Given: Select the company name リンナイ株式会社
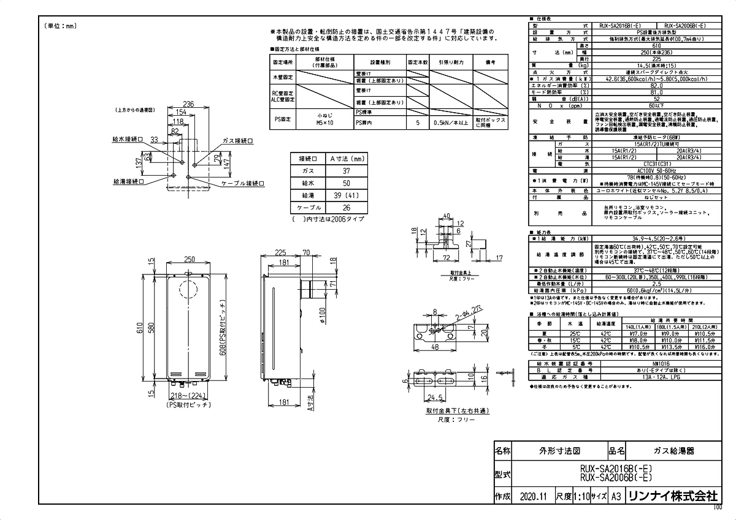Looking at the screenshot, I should pyautogui.click(x=672, y=497).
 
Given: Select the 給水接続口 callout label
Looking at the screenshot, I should pyautogui.click(x=128, y=139).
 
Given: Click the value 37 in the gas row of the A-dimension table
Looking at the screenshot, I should pyautogui.click(x=346, y=171).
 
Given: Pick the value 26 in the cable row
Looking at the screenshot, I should pyautogui.click(x=346, y=208).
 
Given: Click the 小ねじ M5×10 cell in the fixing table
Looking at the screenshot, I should pyautogui.click(x=323, y=118).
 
